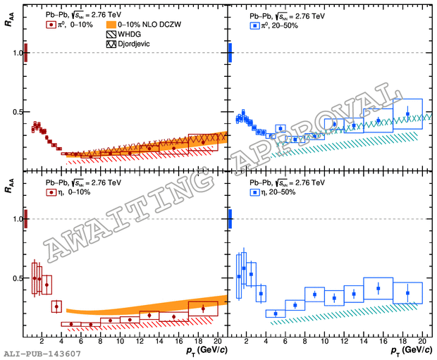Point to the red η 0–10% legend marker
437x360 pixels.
pos(51,192)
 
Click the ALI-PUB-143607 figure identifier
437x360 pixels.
pos(42,353)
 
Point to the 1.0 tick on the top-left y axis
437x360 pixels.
pos(17,53)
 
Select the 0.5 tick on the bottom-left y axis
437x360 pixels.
pos(17,278)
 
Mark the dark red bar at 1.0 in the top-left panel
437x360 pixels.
pos(26,53)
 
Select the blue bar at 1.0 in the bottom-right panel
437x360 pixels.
pos(230,219)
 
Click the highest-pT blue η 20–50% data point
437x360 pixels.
pos(407,292)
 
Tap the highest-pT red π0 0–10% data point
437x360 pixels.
pos(203,142)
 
